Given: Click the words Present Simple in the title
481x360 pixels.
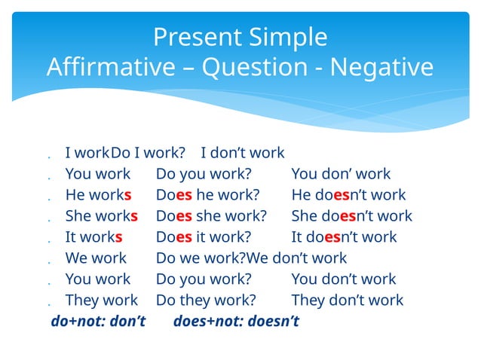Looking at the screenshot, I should click(x=240, y=37).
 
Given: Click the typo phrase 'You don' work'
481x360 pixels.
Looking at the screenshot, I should click(x=341, y=174).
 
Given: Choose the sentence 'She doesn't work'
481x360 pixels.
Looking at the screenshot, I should click(x=351, y=216).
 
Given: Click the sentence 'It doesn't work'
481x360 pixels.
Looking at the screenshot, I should click(x=343, y=237).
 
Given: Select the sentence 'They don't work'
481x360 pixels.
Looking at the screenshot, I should click(x=347, y=301).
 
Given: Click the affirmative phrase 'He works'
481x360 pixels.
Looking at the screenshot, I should click(x=98, y=195).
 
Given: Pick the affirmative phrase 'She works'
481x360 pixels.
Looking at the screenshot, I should click(x=101, y=216).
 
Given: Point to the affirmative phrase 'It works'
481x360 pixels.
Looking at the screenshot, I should click(x=93, y=237).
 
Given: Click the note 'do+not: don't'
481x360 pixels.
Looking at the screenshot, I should click(x=98, y=322).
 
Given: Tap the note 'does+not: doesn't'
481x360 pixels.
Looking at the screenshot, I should click(x=236, y=322).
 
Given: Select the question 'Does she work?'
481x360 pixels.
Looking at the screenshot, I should click(x=211, y=216).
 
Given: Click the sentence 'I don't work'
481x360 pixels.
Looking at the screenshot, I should click(x=242, y=153).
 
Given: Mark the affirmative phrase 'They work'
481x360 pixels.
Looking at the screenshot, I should click(x=101, y=301).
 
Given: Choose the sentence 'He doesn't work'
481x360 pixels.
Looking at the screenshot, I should click(x=348, y=195).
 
